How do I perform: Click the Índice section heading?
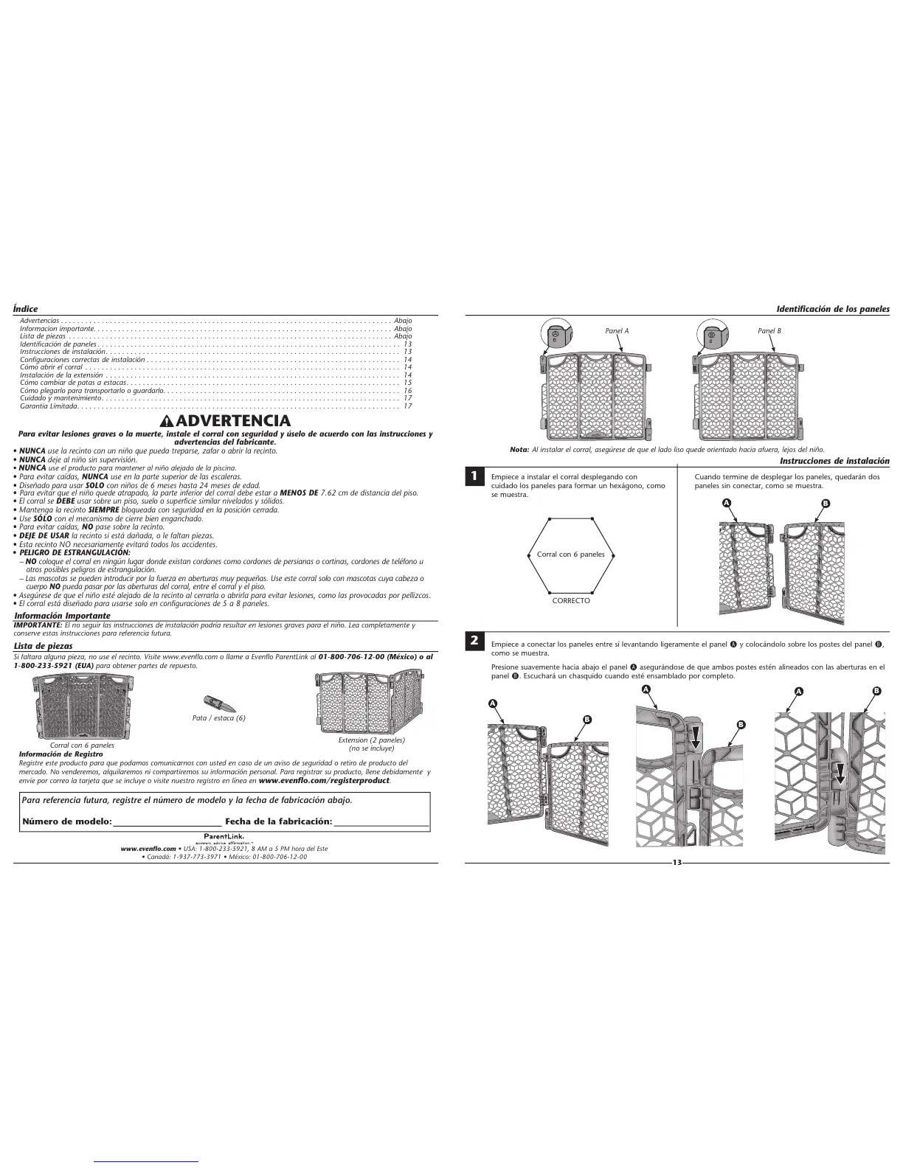25,309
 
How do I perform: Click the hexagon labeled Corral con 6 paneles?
570,555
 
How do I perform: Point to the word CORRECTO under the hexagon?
571,601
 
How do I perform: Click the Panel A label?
617,331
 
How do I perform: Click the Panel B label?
769,331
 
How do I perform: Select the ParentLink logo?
225,837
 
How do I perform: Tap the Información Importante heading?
63,616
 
